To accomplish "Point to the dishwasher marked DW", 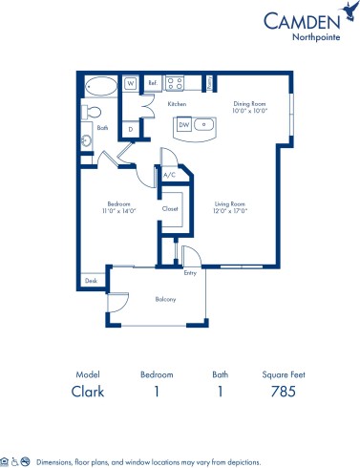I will pos(183,123).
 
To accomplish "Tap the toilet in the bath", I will pos(93,113).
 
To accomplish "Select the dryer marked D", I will pos(131,127).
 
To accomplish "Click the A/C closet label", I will pos(169,175).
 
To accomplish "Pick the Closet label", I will pos(171,207).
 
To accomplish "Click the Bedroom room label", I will pos(117,202).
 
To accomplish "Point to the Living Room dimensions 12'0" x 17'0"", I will pos(230,210).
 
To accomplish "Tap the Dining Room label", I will pos(252,102).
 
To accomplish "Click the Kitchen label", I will pos(177,103).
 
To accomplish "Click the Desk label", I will pos(92,281).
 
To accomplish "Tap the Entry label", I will pos(191,272).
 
